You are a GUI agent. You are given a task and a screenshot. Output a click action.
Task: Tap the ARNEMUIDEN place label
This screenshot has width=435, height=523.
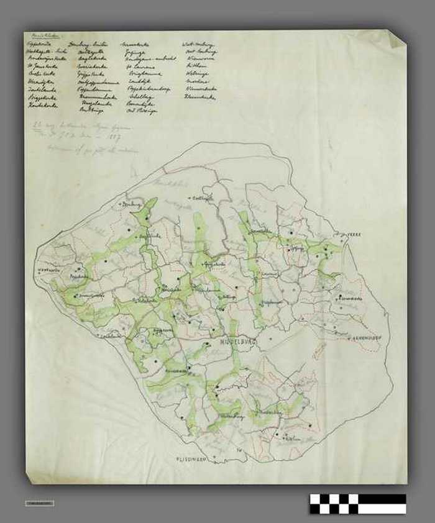[x=368, y=338]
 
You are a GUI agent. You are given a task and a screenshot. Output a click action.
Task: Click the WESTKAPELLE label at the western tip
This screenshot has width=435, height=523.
[x=49, y=270]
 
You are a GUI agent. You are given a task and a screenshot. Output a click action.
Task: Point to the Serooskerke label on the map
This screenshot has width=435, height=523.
[x=263, y=232]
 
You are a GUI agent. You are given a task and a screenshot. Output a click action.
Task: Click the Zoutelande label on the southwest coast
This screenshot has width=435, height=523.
[x=112, y=335]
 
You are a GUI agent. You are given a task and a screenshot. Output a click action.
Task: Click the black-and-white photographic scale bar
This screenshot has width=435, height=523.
[x=358, y=504]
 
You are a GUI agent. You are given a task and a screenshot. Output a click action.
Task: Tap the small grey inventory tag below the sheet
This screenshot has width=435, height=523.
[x=40, y=503]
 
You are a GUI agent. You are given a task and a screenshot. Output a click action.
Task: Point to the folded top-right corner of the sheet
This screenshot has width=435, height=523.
[x=397, y=38]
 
